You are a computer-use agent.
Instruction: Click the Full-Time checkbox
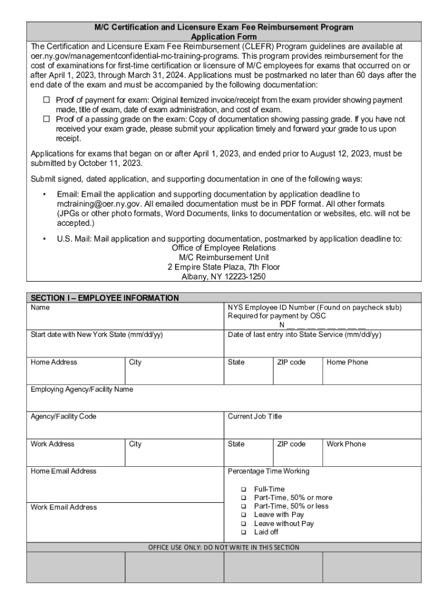pyautogui.click(x=243, y=489)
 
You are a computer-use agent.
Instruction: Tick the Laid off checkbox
pyautogui.click(x=243, y=532)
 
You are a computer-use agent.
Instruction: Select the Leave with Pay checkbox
pyautogui.click(x=243, y=515)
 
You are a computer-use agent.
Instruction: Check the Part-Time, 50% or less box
pyautogui.click(x=243, y=506)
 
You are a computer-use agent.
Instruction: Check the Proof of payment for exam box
pyautogui.click(x=47, y=100)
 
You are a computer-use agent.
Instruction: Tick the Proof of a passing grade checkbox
pyautogui.click(x=47, y=119)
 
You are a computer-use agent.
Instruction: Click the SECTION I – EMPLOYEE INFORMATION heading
pyautogui.click(x=105, y=298)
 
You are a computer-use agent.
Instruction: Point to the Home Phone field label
pyautogui.click(x=347, y=362)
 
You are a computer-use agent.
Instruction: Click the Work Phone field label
pyautogui.click(x=346, y=444)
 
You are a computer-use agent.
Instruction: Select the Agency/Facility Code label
pyautogui.click(x=63, y=416)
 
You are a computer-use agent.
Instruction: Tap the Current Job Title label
pyautogui.click(x=255, y=416)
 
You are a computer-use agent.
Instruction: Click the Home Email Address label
pyautogui.click(x=63, y=471)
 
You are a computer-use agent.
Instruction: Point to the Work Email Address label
pyautogui.click(x=63, y=508)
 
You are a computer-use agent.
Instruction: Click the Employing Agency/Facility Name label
pyautogui.click(x=81, y=389)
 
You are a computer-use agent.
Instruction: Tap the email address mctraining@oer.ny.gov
pyautogui.click(x=99, y=204)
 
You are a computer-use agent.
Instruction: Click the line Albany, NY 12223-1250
pyautogui.click(x=223, y=277)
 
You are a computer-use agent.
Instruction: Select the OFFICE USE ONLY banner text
pyautogui.click(x=223, y=547)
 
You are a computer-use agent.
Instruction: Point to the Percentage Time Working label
pyautogui.click(x=268, y=471)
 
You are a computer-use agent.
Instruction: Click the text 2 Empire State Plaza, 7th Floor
pyautogui.click(x=223, y=267)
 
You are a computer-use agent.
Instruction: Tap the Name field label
pyautogui.click(x=40, y=307)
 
